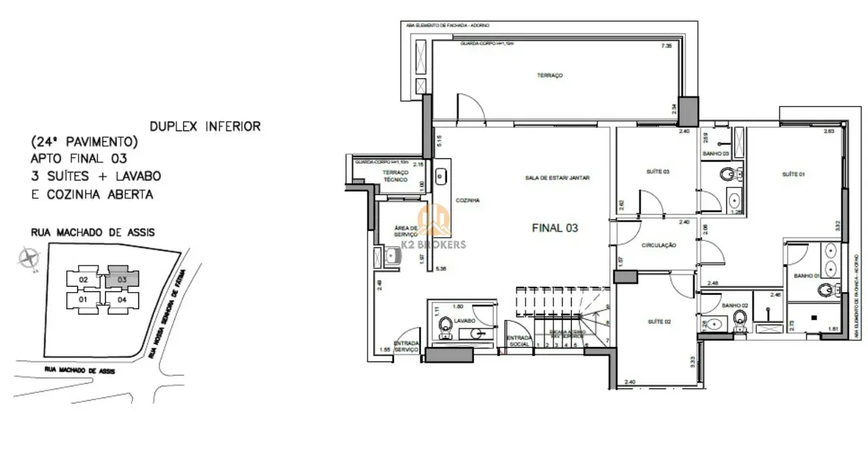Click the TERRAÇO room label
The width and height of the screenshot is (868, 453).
pos(549,75)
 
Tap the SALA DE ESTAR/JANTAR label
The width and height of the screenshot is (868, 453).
pos(558,178)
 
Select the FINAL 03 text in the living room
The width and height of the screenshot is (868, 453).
pos(555,227)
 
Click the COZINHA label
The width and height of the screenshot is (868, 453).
pos(468,201)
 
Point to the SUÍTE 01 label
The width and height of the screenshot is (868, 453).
pos(793,174)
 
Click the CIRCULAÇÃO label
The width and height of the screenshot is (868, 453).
pos(659,245)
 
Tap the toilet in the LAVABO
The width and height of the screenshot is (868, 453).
pos(446,325)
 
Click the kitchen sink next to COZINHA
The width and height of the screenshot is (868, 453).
pos(441,177)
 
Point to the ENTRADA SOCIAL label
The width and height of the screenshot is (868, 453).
pos(519,341)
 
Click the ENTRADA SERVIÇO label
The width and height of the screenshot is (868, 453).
pos(407,346)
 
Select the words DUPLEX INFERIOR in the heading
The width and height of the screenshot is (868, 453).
pos(205,126)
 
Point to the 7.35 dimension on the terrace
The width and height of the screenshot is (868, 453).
pos(666,46)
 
